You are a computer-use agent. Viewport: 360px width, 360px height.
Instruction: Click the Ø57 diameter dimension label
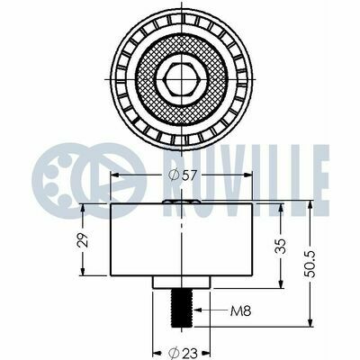click(182, 175)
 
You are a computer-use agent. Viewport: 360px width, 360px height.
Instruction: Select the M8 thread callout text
click(240, 311)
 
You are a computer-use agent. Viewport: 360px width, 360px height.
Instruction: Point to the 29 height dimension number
click(83, 239)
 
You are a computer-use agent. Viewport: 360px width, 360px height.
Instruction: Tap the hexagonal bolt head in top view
click(182, 79)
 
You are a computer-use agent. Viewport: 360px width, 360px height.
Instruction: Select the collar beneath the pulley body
click(182, 282)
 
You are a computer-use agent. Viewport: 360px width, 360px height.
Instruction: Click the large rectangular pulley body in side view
click(182, 239)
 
